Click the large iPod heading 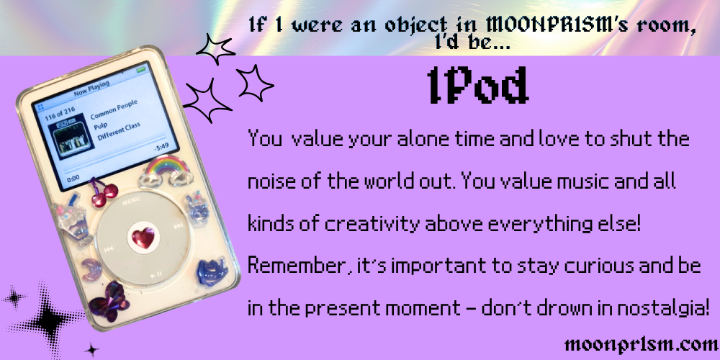click(477, 86)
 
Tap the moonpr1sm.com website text click(642, 344)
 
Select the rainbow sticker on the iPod click(166, 171)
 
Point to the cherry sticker click(104, 192)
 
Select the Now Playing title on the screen click(91, 88)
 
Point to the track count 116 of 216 click(60, 112)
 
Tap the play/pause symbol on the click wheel click(156, 274)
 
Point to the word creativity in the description click(373, 225)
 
